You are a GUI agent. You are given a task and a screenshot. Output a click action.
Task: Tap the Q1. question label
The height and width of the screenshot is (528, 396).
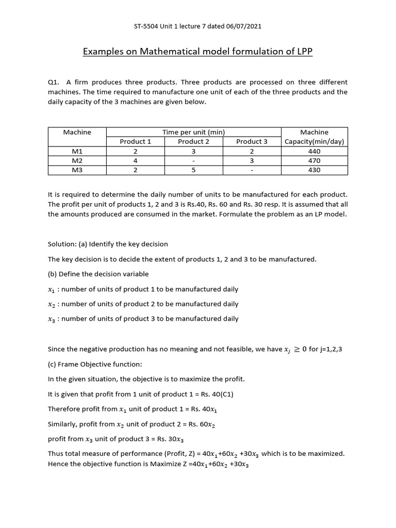[54, 82]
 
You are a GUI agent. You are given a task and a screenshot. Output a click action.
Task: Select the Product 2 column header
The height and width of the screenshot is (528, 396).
[193, 141]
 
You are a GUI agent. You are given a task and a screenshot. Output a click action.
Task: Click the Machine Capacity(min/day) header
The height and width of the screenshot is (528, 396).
[314, 137]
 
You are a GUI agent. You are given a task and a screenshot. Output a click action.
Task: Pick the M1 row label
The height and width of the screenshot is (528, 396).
[77, 151]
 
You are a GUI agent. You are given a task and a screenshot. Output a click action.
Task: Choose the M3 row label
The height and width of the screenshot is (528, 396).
[77, 170]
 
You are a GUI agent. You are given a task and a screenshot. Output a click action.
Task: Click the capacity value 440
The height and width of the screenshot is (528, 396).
[314, 151]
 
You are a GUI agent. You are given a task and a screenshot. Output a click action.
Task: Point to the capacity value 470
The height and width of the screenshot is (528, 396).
[314, 160]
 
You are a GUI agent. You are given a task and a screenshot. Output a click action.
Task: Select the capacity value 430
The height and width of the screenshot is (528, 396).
[314, 170]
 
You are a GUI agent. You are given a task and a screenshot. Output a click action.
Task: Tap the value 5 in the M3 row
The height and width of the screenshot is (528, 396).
[193, 170]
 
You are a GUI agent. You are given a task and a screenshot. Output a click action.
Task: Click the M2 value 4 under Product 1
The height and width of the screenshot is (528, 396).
[135, 160]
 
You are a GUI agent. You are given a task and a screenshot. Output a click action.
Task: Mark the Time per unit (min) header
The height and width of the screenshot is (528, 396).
[193, 132]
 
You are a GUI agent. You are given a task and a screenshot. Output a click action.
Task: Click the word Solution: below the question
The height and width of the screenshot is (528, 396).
[61, 244]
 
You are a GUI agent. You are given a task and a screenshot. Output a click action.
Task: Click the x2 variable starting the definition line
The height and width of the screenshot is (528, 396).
[52, 304]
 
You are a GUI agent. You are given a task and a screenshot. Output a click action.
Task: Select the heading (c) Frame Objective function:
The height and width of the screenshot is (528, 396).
[95, 364]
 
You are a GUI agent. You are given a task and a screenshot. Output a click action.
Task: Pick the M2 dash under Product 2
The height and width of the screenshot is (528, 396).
[193, 160]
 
